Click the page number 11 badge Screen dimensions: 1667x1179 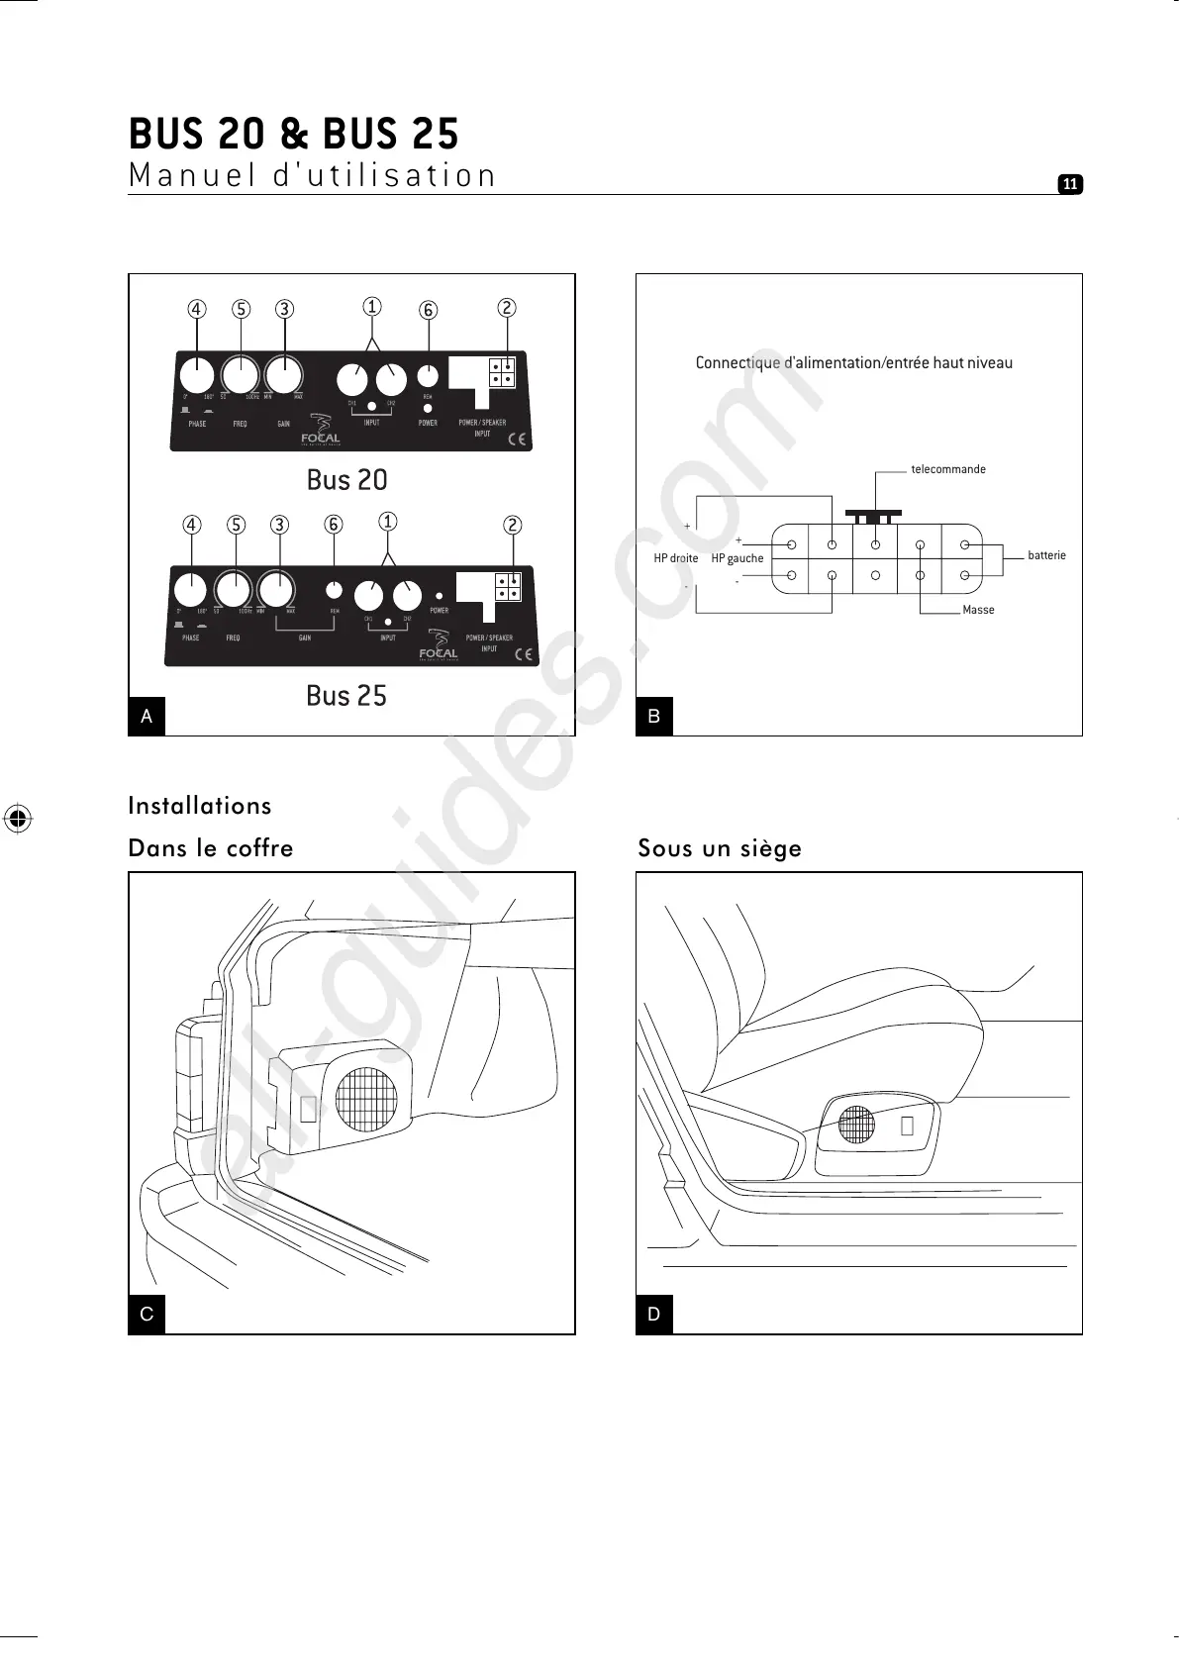[x=1070, y=184]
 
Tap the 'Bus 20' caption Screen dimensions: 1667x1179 [x=346, y=480]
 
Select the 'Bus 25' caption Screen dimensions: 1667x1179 [x=346, y=696]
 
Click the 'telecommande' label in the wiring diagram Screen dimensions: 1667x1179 [x=948, y=469]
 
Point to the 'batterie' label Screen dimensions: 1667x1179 [x=1046, y=555]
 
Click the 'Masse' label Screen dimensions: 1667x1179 [x=978, y=610]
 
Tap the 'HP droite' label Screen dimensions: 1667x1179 [x=676, y=558]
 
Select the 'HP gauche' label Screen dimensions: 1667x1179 [x=737, y=558]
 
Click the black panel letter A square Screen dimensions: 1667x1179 [x=147, y=716]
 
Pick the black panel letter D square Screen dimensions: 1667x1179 [x=653, y=1315]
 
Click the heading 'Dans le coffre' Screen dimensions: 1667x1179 [x=211, y=848]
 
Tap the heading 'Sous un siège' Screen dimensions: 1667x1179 [x=720, y=848]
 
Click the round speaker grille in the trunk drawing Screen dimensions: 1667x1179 [x=366, y=1099]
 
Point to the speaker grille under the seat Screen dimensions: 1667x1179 [x=857, y=1126]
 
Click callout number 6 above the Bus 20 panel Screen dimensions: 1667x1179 [x=429, y=311]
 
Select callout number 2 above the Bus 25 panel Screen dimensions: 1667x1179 [x=512, y=526]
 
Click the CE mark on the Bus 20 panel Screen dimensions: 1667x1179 [x=517, y=439]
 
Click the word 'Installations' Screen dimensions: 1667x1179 [x=200, y=806]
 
